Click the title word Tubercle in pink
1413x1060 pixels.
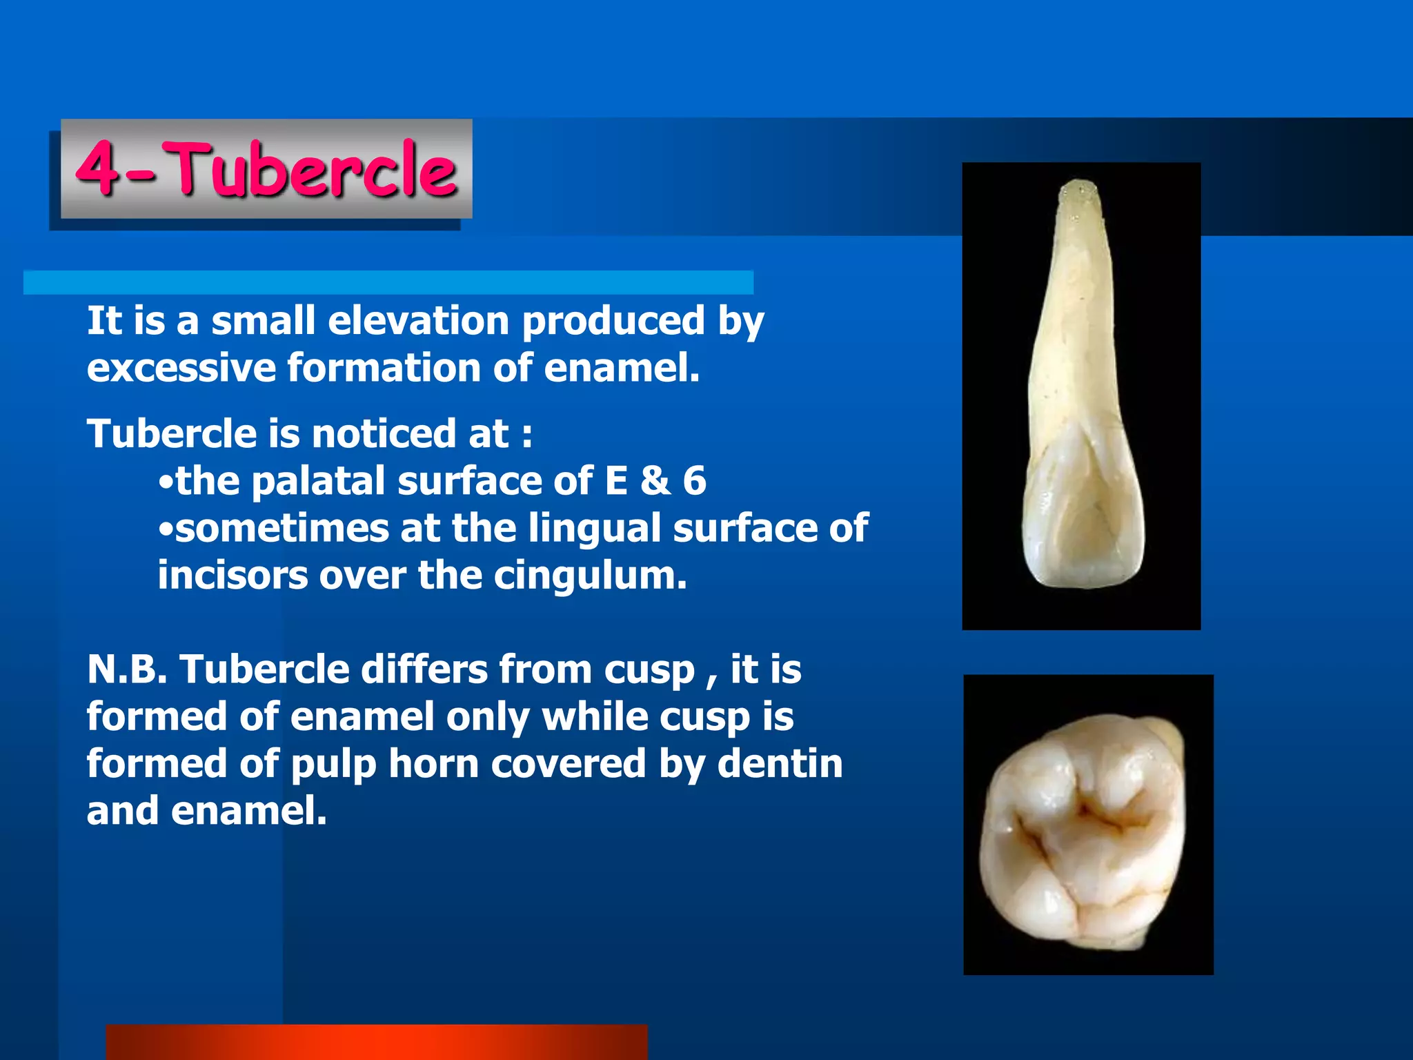314,169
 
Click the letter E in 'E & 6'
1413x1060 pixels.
616,481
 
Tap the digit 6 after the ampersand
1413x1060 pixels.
694,481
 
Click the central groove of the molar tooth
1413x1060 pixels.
1090,821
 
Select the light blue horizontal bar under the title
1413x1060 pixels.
388,283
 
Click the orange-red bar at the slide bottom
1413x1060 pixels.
376,1042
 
